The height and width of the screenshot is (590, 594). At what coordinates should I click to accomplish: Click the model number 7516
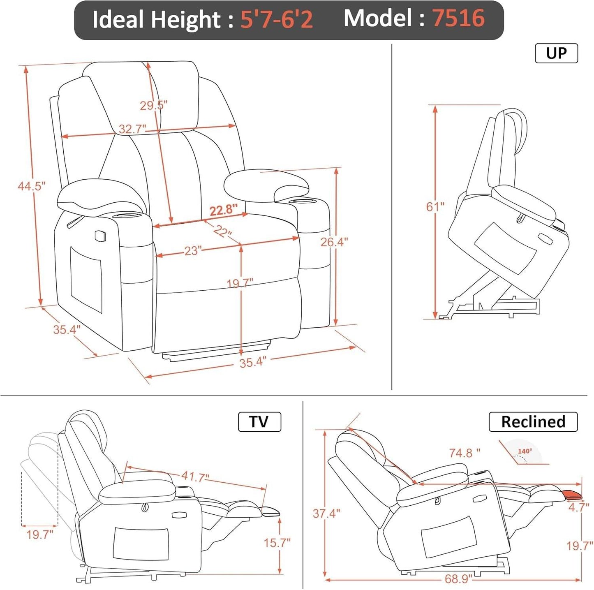(458, 19)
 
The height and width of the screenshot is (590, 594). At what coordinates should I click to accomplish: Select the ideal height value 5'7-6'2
(276, 19)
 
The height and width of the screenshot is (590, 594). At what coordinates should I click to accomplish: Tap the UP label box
(556, 53)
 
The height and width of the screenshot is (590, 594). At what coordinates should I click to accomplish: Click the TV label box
(259, 422)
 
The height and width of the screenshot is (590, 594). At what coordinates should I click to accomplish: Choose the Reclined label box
(533, 422)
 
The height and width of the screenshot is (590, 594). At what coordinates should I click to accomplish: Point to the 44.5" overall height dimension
(31, 186)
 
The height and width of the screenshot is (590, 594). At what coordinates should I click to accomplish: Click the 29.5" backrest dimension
(153, 105)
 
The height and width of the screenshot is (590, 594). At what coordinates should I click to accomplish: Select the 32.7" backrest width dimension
(132, 129)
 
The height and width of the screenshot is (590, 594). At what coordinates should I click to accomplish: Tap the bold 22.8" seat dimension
(224, 210)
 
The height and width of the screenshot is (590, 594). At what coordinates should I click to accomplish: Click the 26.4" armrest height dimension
(334, 242)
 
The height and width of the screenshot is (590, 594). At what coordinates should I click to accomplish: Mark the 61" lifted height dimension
(435, 206)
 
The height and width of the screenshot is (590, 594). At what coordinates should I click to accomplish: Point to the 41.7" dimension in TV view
(195, 477)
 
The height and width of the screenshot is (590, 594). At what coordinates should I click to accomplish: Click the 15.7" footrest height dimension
(277, 543)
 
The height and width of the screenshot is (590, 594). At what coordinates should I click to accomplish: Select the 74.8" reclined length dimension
(465, 453)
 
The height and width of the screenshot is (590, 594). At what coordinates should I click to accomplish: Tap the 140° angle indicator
(525, 452)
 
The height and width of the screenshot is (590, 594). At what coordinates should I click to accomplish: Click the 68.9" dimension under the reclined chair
(458, 579)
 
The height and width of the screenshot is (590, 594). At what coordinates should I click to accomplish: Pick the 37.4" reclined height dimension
(326, 514)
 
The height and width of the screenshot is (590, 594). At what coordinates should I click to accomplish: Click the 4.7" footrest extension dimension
(579, 507)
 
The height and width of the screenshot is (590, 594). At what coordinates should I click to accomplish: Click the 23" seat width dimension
(192, 250)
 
